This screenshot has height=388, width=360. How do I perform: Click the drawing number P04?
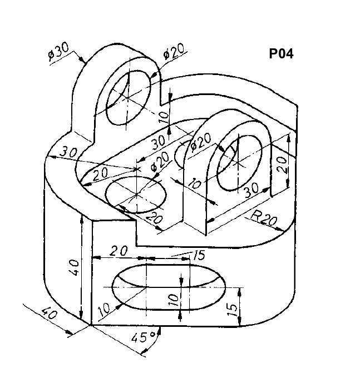coord(281,53)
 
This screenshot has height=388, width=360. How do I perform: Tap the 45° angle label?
coord(143,337)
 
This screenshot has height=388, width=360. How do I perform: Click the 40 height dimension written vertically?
coord(75,267)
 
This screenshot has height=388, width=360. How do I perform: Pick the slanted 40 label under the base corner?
coord(50,314)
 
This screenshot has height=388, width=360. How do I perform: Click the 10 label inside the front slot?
coord(174,300)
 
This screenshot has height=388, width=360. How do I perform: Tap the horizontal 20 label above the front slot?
coord(119,251)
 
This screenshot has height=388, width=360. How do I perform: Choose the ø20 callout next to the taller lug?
coord(174,52)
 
